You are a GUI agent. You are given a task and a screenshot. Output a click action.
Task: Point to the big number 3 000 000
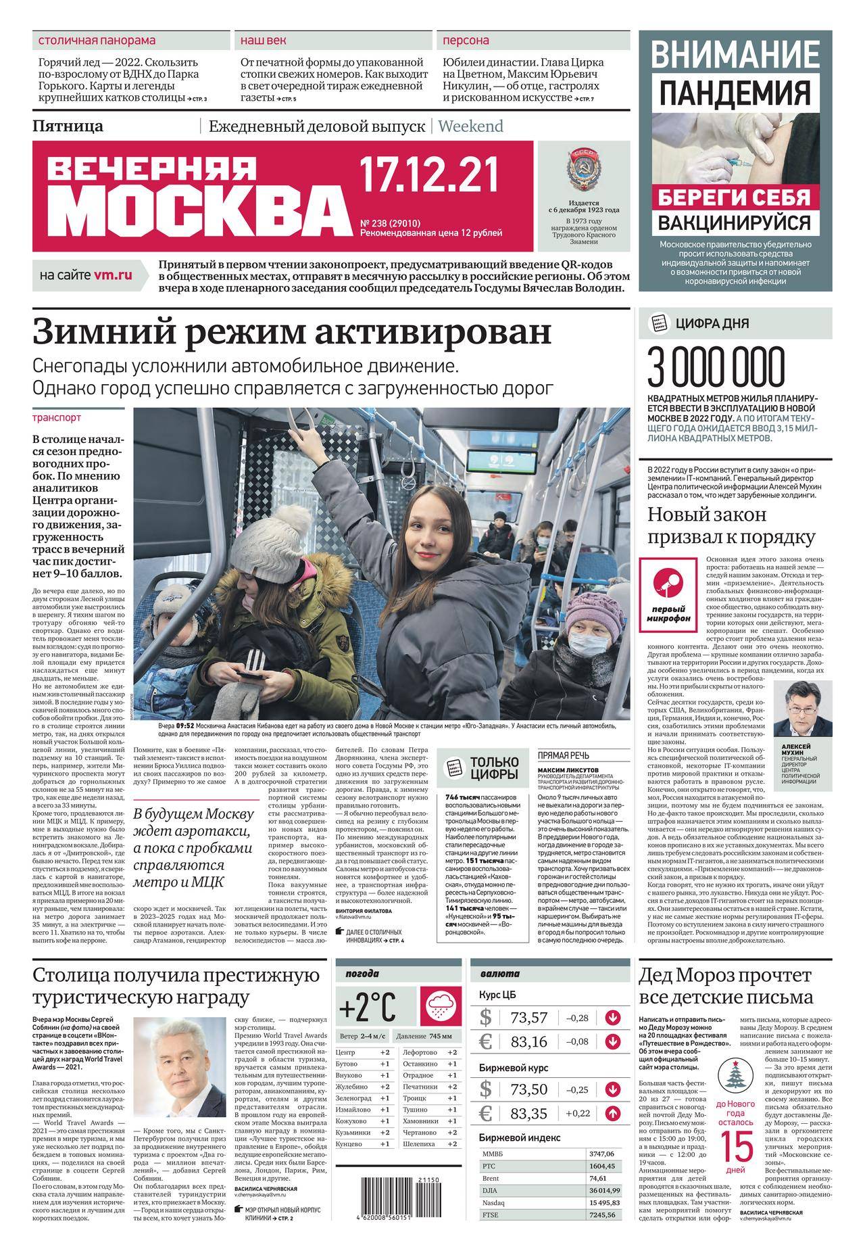click(x=717, y=368)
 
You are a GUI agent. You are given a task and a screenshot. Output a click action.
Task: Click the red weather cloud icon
click(x=440, y=1007)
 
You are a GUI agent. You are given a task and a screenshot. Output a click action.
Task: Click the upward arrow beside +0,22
click(x=613, y=1113)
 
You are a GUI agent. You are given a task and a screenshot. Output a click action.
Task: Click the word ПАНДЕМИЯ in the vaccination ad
click(x=735, y=92)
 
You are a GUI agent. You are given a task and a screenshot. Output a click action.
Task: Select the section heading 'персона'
click(x=466, y=41)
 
